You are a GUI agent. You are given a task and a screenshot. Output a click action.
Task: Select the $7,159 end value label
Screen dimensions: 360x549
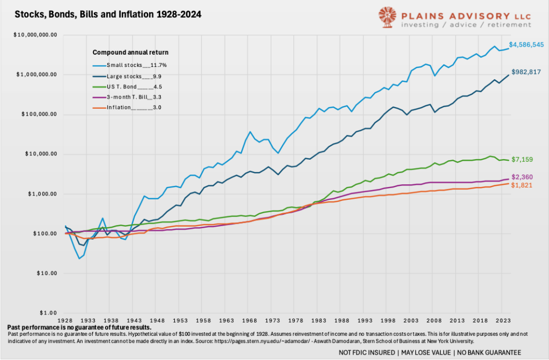(522, 160)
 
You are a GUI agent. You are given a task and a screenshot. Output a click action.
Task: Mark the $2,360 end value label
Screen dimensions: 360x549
(522, 177)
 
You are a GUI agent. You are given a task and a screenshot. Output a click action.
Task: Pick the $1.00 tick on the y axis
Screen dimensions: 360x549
(51, 313)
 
